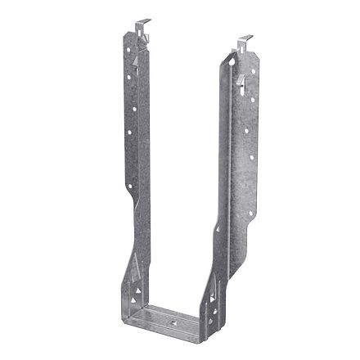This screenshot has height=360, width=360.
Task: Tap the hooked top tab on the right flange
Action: [x=243, y=40]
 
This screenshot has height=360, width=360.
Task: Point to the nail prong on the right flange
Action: [x=245, y=79]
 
